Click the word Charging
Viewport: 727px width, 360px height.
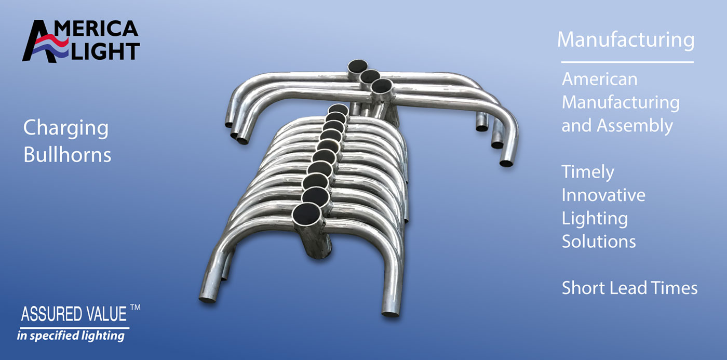pyautogui.click(x=66, y=128)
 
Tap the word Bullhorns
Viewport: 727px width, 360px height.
pyautogui.click(x=67, y=154)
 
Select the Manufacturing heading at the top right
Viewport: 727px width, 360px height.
pyautogui.click(x=626, y=40)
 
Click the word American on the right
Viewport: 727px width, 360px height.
pyautogui.click(x=599, y=79)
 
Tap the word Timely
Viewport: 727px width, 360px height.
pyautogui.click(x=588, y=172)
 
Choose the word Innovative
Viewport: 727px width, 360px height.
pyautogui.click(x=603, y=195)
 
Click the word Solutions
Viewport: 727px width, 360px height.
pyautogui.click(x=599, y=241)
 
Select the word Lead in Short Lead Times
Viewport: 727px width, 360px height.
pyautogui.click(x=629, y=288)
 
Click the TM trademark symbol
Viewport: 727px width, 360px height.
pyautogui.click(x=136, y=308)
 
